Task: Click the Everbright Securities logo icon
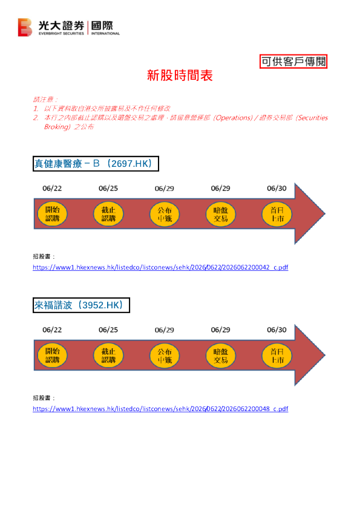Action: [25, 27]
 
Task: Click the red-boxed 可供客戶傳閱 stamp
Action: [293, 61]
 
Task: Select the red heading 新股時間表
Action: [180, 76]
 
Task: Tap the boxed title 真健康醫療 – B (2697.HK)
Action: [96, 164]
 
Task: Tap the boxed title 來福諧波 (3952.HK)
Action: [81, 305]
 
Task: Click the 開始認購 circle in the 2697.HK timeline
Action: [52, 214]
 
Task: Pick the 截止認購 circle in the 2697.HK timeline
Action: [108, 214]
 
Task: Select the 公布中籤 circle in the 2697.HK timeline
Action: [165, 214]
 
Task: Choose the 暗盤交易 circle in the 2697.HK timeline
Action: [221, 214]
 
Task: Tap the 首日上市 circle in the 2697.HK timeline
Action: [277, 214]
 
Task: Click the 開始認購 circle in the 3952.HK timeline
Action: [52, 355]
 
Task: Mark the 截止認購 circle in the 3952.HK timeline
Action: [108, 355]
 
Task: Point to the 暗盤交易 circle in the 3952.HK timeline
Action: [221, 356]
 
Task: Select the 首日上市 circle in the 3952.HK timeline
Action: [277, 356]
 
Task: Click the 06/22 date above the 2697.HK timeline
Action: [52, 188]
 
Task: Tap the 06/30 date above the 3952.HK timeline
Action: [277, 330]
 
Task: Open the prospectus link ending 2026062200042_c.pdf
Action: [160, 267]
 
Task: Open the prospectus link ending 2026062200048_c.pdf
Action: [160, 409]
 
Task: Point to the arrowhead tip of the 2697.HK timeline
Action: [325, 213]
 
